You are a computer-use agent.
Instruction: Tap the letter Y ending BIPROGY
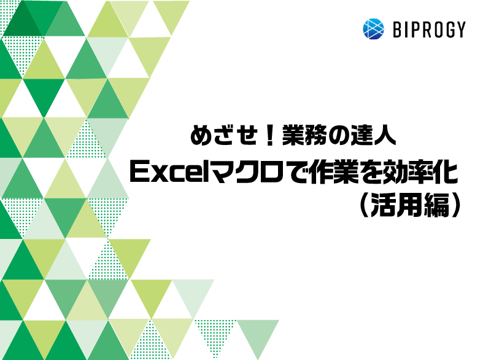tap(461, 29)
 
